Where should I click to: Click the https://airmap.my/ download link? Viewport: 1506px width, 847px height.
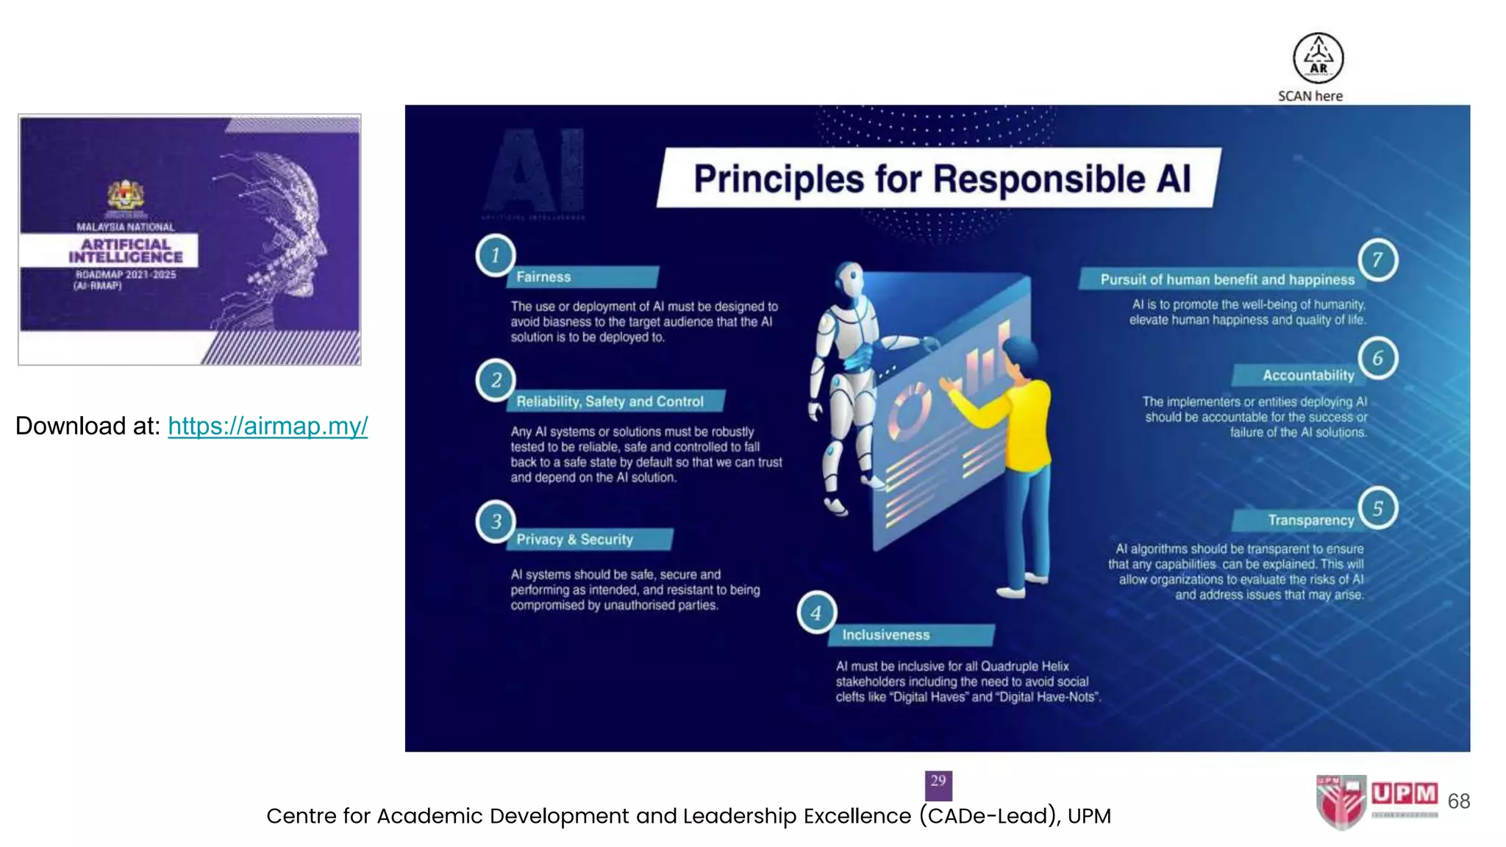268,426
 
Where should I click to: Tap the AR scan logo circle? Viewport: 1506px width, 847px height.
1318,58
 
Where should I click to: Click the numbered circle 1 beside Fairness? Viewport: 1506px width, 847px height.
496,255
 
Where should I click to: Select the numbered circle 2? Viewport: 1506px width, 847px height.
496,379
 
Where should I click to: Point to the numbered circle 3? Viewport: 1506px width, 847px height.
496,521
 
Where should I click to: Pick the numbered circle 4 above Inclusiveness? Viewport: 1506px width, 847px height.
816,612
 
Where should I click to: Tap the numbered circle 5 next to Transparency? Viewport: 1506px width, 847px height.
1377,508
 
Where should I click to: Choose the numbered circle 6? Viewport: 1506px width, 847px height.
1377,358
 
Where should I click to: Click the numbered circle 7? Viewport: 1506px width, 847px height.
1377,260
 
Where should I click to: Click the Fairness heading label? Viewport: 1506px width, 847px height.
543,277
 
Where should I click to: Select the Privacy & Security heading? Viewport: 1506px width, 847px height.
574,540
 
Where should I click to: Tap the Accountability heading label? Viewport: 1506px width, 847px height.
1308,376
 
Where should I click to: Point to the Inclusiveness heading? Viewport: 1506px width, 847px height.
885,635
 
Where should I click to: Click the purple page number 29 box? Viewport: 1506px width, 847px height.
938,785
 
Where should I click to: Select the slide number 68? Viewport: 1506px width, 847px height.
1458,801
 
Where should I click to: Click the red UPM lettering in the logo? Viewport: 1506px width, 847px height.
1404,794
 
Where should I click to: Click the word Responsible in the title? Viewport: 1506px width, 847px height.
1039,179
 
